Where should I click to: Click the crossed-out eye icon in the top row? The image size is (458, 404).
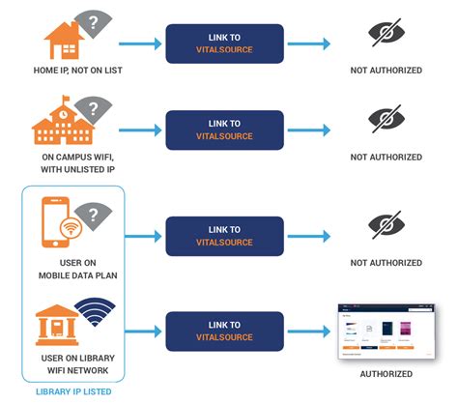pyautogui.click(x=386, y=35)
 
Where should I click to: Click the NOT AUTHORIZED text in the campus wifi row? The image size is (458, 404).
pyautogui.click(x=386, y=157)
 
